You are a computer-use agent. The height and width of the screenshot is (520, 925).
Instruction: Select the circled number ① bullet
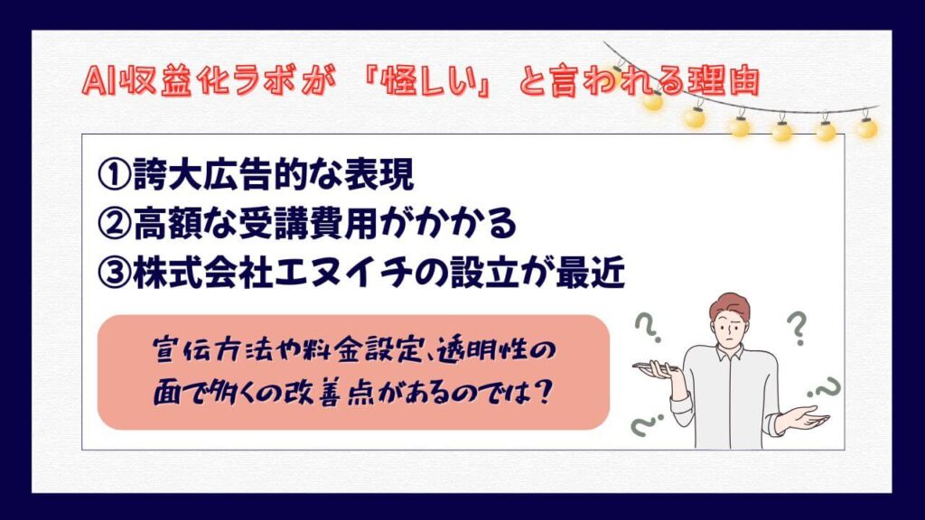click(114, 174)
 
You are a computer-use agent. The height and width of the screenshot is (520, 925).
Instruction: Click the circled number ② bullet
click(114, 224)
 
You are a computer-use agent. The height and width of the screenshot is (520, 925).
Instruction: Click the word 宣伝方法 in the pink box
click(206, 351)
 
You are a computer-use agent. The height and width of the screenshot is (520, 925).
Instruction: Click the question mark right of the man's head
click(797, 328)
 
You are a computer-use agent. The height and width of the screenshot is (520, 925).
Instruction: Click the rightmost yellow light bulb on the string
click(866, 127)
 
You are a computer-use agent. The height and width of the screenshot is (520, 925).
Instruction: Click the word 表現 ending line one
click(378, 174)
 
